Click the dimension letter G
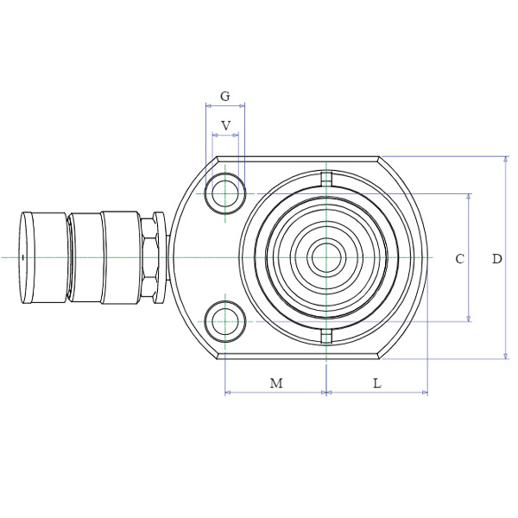click(225, 96)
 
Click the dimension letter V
click(226, 126)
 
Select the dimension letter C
click(460, 258)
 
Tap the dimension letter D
click(496, 258)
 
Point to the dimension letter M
click(276, 383)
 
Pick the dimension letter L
click(376, 383)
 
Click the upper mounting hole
click(226, 193)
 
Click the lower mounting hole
click(226, 320)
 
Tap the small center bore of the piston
click(325, 257)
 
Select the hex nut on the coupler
click(148, 257)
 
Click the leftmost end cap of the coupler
click(43, 257)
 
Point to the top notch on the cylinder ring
click(325, 179)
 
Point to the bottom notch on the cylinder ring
click(325, 335)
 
